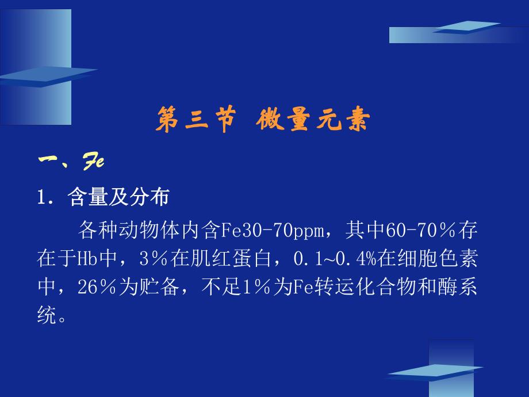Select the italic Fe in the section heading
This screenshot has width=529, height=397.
pyautogui.click(x=93, y=161)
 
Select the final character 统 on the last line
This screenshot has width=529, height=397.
pyautogui.click(x=47, y=314)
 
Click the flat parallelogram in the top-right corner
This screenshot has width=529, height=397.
pyautogui.click(x=466, y=26)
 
